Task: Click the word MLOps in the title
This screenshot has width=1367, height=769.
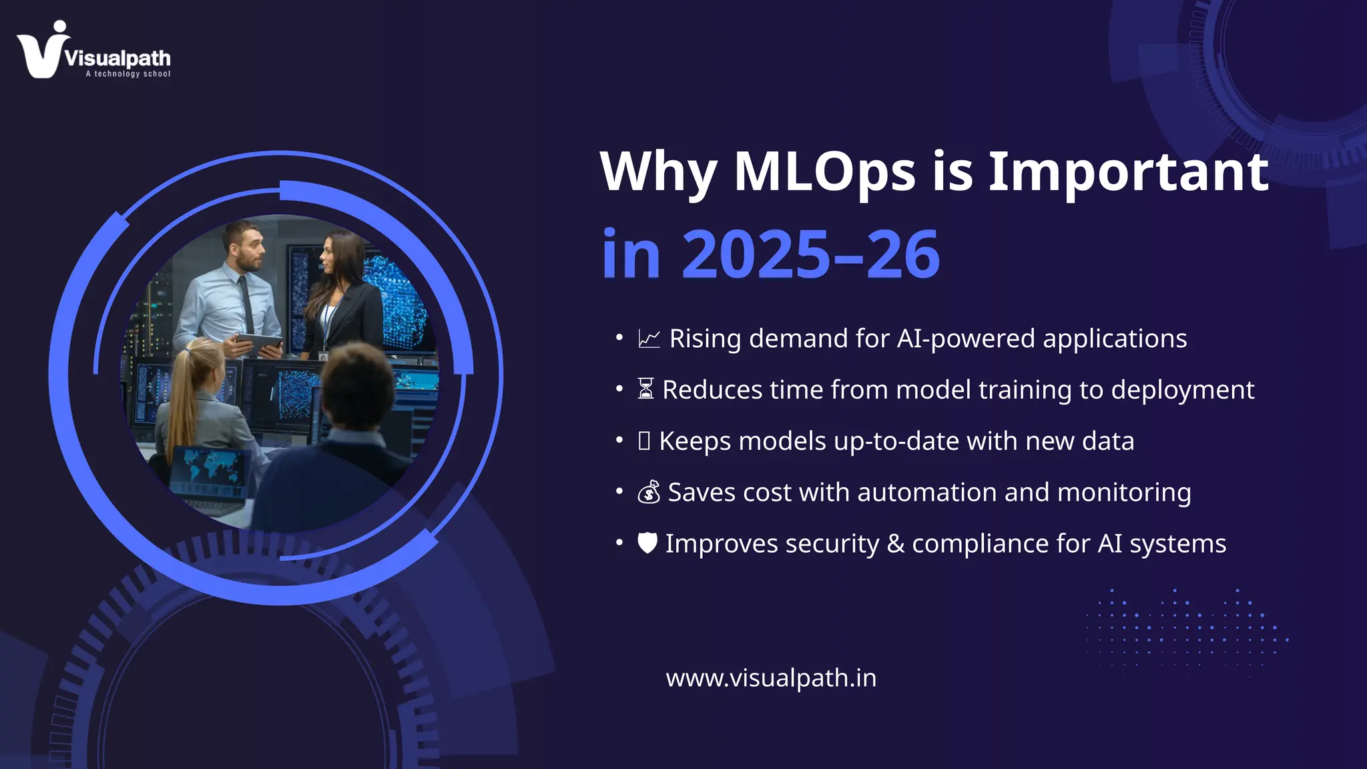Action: click(824, 172)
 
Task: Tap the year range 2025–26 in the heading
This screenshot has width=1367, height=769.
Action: click(810, 255)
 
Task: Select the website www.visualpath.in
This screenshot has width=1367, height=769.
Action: click(771, 678)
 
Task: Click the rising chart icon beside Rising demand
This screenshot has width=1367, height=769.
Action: click(649, 339)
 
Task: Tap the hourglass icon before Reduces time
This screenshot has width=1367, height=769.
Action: click(645, 389)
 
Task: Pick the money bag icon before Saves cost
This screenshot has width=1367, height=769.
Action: click(649, 493)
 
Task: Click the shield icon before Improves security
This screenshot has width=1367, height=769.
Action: click(647, 543)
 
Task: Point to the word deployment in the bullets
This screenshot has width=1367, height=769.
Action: click(1183, 391)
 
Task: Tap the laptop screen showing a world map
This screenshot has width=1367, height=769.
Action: click(208, 467)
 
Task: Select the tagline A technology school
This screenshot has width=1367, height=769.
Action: click(127, 74)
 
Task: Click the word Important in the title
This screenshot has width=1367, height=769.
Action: click(1128, 172)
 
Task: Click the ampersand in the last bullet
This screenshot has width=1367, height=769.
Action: click(895, 544)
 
